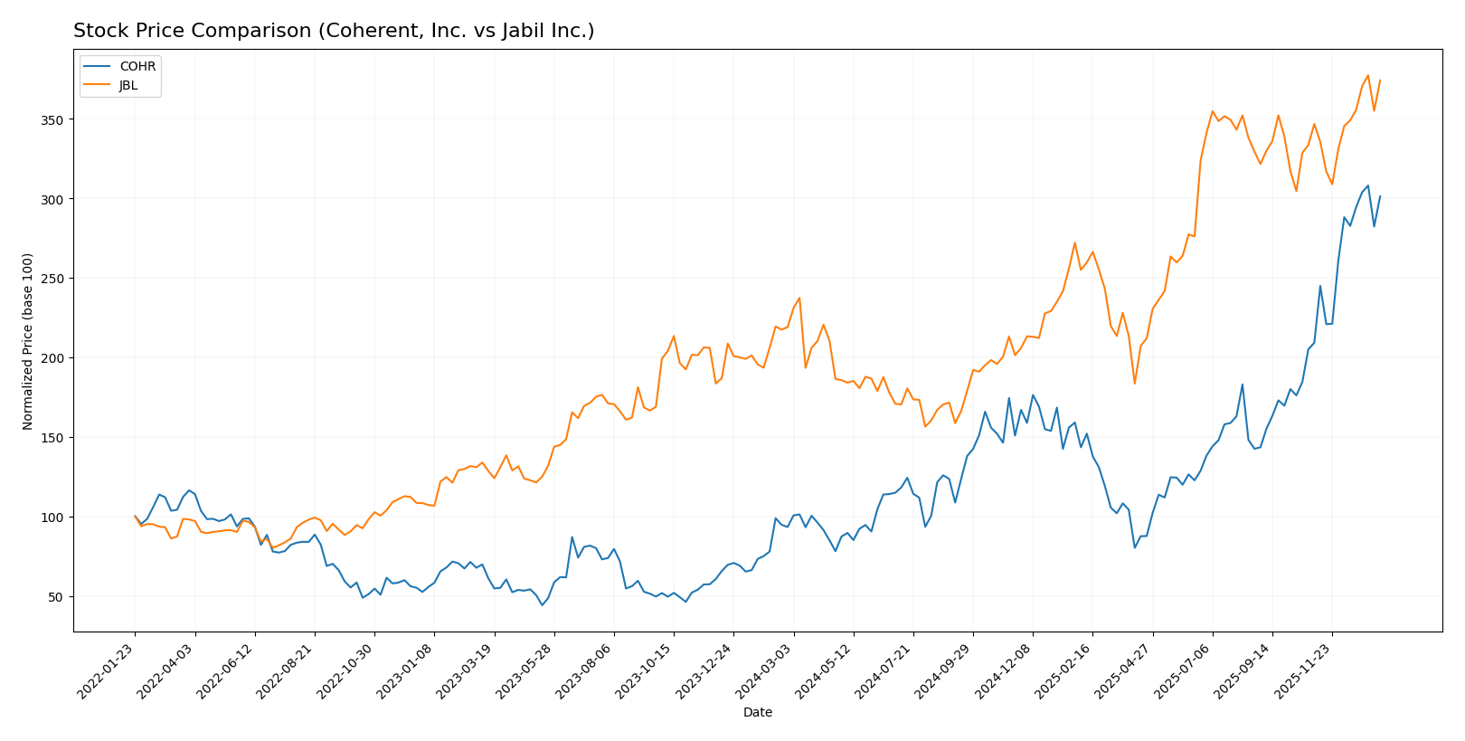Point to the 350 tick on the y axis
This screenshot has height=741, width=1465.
click(x=55, y=119)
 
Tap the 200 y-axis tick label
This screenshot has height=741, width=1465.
click(x=55, y=358)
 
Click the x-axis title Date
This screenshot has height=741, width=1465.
click(x=758, y=713)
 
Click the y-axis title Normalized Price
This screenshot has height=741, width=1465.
click(x=28, y=342)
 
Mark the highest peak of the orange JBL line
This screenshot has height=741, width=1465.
click(x=1367, y=75)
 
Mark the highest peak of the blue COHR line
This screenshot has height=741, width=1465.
click(x=1367, y=185)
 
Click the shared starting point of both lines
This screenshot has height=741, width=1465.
click(x=135, y=517)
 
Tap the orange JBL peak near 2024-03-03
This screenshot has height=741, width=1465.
click(x=799, y=298)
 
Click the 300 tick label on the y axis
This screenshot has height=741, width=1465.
click(x=55, y=199)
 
